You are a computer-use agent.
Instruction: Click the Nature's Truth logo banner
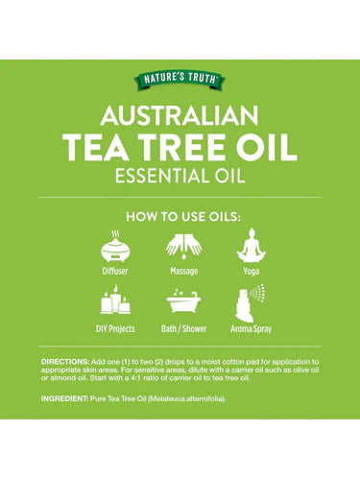coord(180,80)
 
